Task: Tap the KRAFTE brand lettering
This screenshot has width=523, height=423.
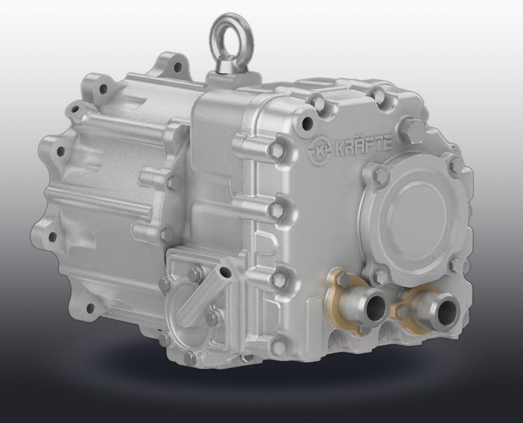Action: click(363, 146)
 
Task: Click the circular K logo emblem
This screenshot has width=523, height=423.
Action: click(320, 149)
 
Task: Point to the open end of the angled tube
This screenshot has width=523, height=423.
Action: click(225, 273)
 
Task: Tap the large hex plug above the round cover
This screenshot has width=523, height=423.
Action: click(410, 131)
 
